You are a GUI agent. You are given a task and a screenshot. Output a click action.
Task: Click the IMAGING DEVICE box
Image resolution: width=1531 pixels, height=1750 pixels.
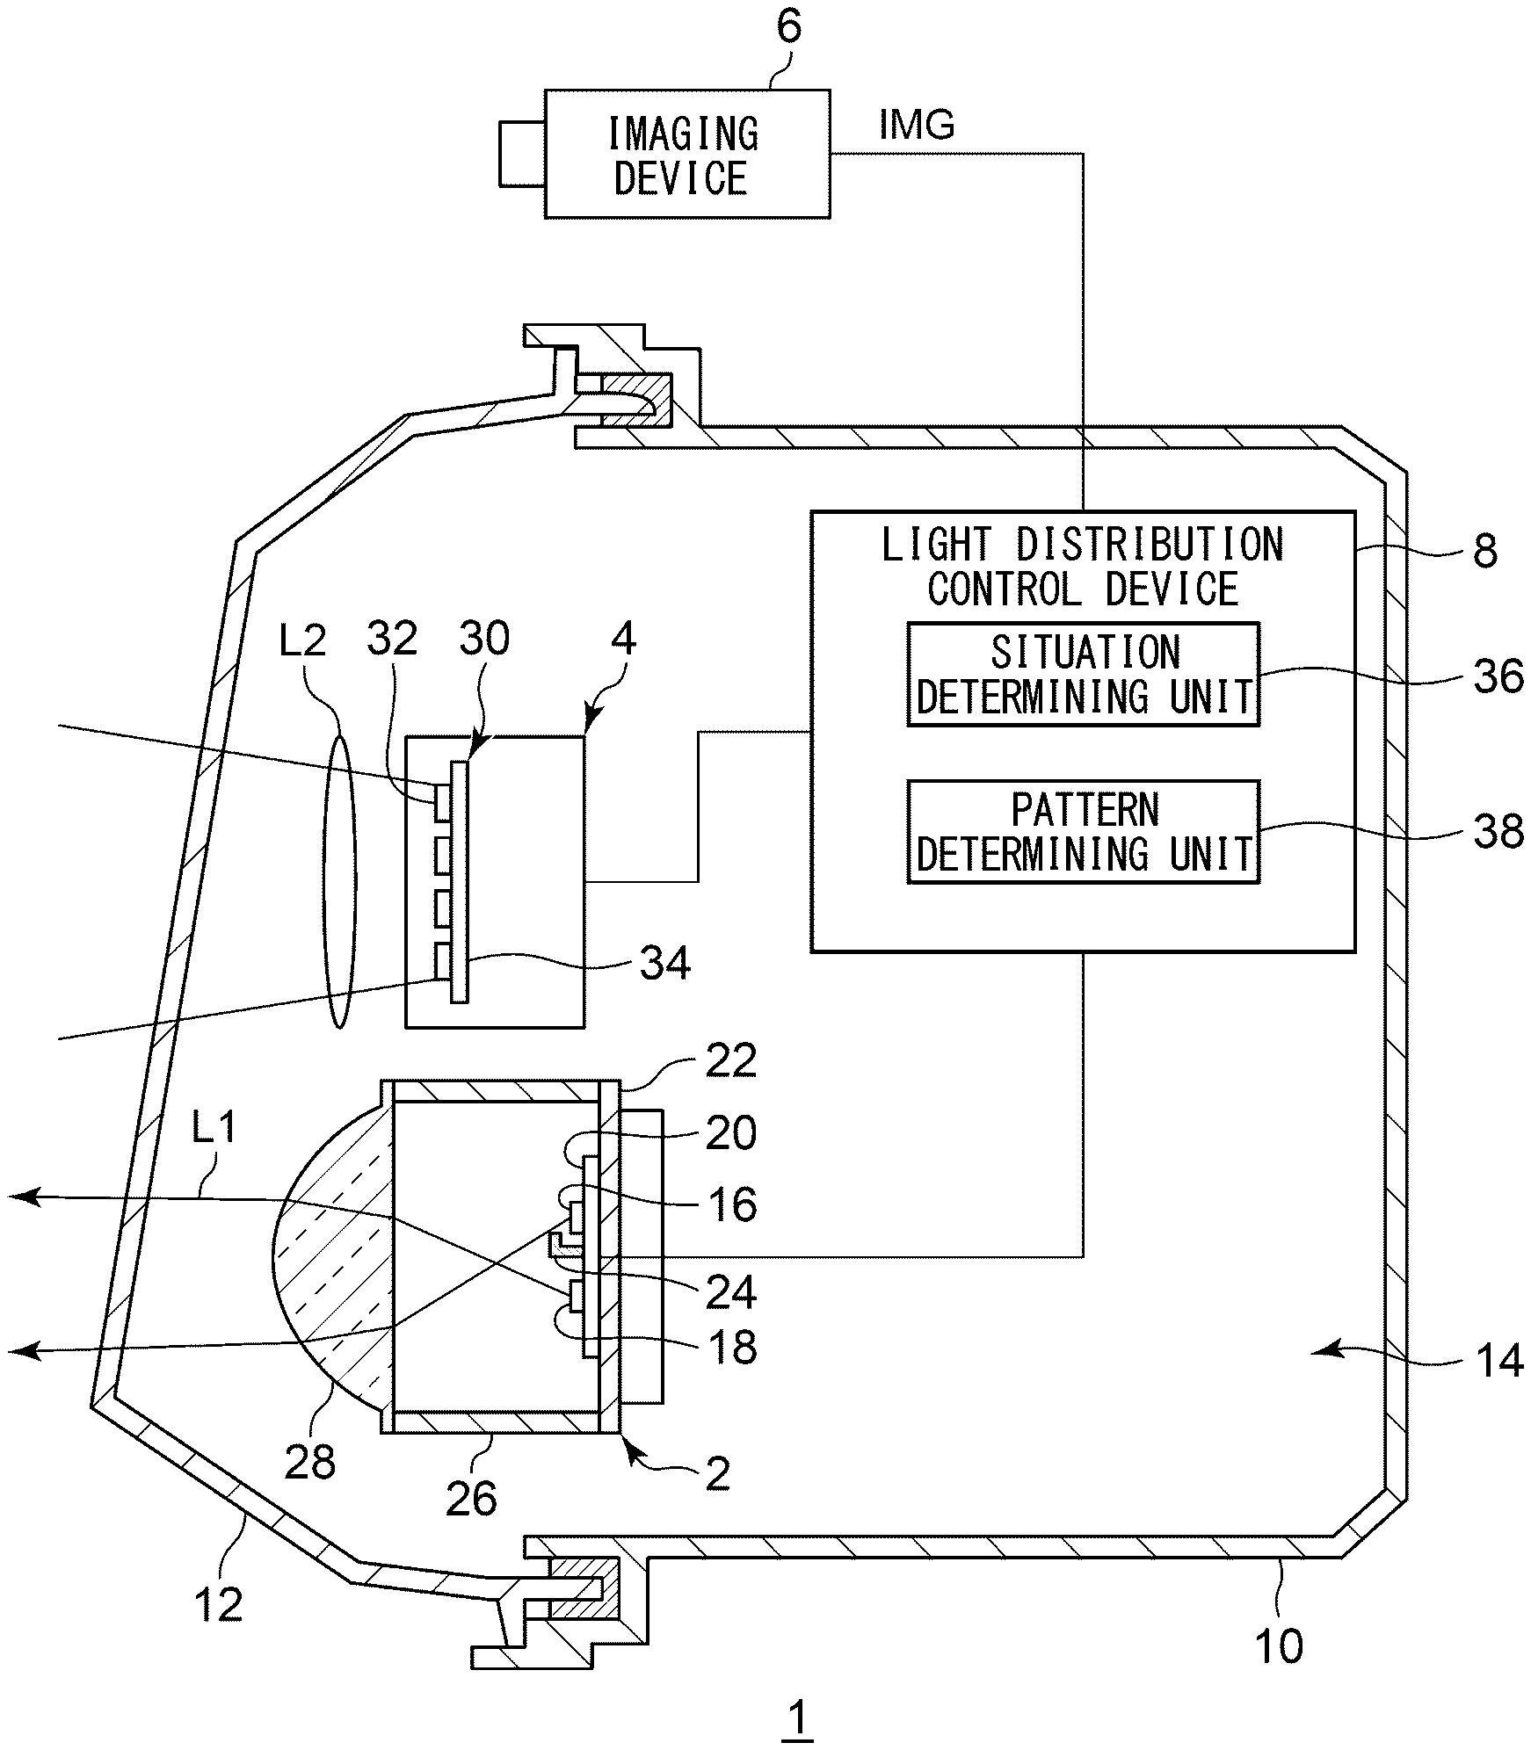pos(686,154)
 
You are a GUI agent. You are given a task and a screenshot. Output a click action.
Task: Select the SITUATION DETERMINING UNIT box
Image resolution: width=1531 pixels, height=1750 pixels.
pos(1083,674)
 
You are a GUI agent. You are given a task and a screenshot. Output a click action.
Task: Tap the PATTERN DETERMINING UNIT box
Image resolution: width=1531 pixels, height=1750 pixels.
pos(1083,831)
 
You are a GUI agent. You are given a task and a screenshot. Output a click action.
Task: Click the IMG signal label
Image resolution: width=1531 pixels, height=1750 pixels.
pos(916,126)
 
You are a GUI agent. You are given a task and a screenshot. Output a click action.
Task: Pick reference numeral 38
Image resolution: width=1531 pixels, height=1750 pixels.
pos(1497,831)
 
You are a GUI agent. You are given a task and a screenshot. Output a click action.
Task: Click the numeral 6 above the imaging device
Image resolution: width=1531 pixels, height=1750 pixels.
pos(788,28)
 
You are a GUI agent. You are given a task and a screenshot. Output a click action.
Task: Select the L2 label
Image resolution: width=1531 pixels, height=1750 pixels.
pos(302,641)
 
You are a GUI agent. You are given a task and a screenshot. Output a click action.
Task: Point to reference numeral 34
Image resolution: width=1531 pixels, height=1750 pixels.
pos(664,965)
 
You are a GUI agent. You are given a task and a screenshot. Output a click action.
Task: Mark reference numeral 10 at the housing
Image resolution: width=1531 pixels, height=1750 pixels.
pos(1278,1645)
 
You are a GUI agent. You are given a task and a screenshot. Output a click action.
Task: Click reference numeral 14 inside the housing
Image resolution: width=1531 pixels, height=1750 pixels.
pos(1498,1361)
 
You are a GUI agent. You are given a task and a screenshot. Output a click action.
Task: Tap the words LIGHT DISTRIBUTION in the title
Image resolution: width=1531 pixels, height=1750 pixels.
pos(1083,546)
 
